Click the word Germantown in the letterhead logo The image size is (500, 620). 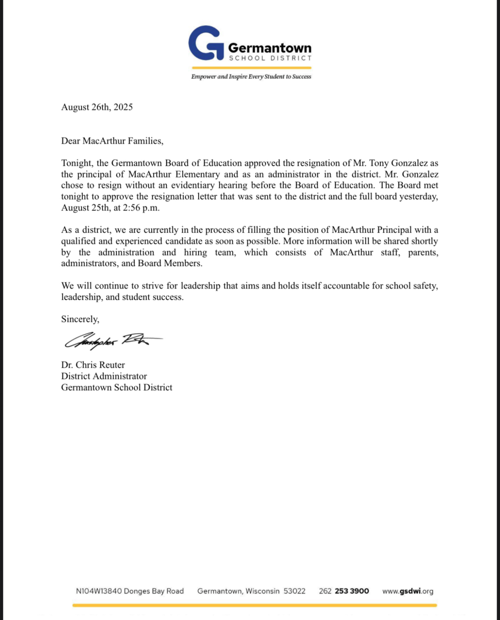(x=270, y=48)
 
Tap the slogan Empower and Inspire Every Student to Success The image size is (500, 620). (x=251, y=77)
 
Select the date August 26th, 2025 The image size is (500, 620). (x=97, y=107)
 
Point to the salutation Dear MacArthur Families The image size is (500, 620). (x=112, y=141)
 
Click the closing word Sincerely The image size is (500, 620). (x=80, y=319)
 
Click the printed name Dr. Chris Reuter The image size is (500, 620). (x=93, y=365)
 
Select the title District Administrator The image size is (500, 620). (x=104, y=376)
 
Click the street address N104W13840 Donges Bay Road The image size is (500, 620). (x=130, y=591)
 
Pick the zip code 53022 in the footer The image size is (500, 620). (x=294, y=591)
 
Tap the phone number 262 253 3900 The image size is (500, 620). (x=344, y=591)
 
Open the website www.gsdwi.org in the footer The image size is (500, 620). (x=408, y=591)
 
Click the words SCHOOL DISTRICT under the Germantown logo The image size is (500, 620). (x=270, y=58)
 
